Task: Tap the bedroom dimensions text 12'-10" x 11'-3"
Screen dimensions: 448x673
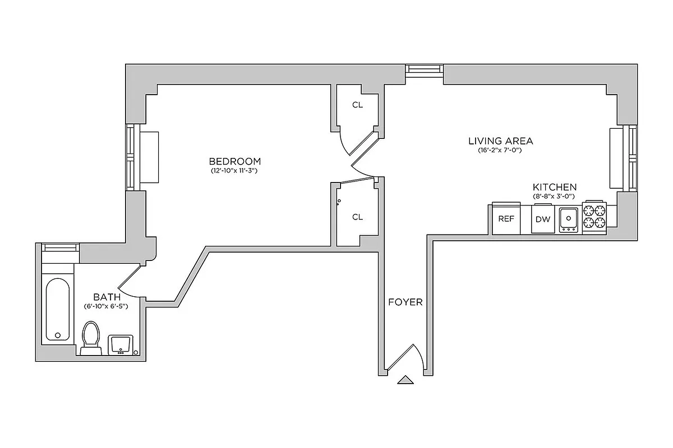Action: click(234, 170)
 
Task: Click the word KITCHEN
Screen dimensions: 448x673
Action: click(554, 187)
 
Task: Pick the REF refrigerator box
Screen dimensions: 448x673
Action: click(506, 219)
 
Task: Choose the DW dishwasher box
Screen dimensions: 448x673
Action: click(542, 219)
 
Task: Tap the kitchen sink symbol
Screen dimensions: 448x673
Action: click(569, 219)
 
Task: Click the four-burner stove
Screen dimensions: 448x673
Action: click(595, 217)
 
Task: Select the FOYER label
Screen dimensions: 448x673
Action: click(405, 302)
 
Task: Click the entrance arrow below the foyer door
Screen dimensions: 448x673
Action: click(405, 380)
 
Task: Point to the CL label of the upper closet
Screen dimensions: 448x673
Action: click(357, 105)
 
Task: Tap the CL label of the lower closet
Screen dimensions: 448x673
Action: click(357, 217)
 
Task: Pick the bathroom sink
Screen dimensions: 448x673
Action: click(121, 344)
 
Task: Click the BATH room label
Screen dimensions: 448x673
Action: click(105, 297)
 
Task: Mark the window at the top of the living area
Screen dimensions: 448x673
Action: click(424, 69)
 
